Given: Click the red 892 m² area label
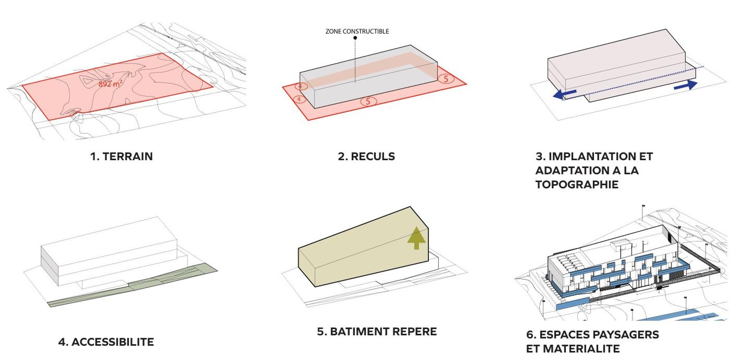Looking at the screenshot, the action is coord(111,84).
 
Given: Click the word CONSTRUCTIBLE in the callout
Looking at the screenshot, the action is coord(366,31).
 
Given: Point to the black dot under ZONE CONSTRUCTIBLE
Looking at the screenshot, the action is coord(355,38).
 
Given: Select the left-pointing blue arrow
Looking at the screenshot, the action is coord(565,94).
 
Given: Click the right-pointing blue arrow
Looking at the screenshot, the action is coord(686,85).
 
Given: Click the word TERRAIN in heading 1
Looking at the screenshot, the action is coord(128,156).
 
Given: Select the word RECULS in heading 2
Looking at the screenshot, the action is coord(373,156).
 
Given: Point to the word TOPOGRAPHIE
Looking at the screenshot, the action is coord(577,184).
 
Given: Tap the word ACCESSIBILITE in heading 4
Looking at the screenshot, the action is coord(112,342).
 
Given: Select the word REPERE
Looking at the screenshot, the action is coord(414,331).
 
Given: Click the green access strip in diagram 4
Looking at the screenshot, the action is coord(133,285).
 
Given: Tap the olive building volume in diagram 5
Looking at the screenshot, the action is coord(363,250).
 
